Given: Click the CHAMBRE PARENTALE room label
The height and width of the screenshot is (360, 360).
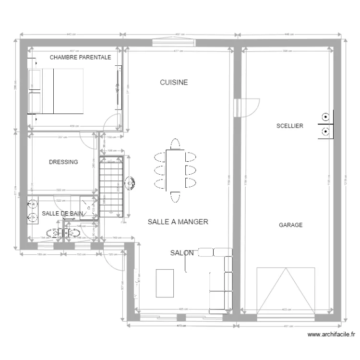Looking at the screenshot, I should click(x=80, y=57).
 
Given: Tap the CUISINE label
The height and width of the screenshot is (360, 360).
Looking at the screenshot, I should click(x=174, y=83).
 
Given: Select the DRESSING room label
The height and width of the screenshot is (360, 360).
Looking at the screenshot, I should click(x=63, y=162).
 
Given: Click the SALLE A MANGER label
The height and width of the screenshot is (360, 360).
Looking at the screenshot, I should click(x=178, y=222).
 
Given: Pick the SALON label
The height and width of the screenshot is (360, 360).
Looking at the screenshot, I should click(x=182, y=253).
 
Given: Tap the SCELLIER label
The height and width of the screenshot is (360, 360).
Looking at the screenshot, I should click(x=289, y=126).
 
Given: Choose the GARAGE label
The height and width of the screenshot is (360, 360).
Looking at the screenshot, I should click(x=290, y=225).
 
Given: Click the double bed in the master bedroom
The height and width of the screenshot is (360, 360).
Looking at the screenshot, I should click(x=56, y=91).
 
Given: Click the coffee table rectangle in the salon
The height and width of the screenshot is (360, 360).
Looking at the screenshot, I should click(x=165, y=283).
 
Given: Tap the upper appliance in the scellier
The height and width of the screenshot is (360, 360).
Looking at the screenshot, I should click(x=325, y=116).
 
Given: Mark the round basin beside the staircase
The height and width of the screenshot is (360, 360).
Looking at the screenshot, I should click(x=130, y=182).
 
